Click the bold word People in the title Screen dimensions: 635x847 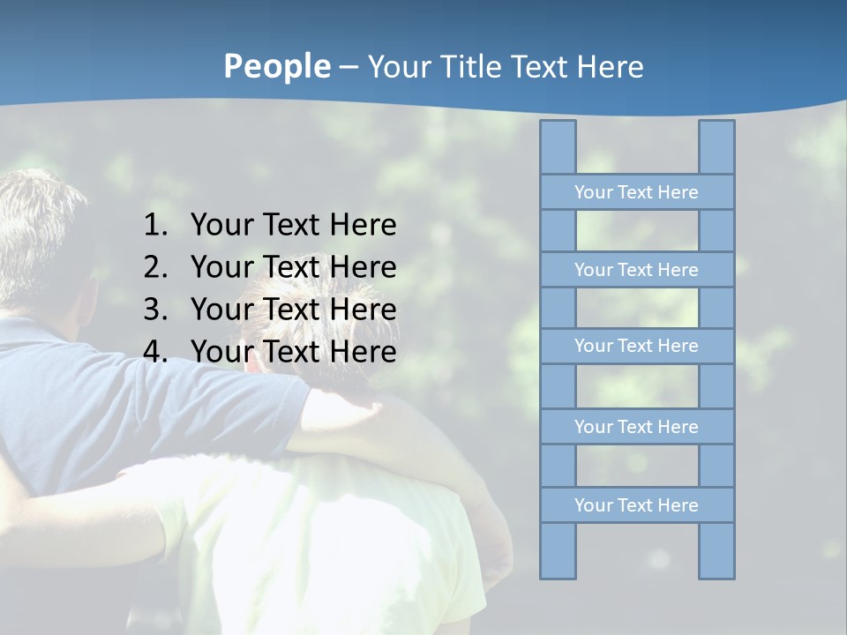[277, 67]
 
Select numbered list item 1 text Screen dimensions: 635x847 [293, 225]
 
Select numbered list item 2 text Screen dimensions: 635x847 [293, 267]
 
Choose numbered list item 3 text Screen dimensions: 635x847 [293, 310]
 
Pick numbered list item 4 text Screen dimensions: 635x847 [293, 352]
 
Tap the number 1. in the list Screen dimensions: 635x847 [155, 225]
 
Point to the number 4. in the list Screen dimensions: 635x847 [155, 352]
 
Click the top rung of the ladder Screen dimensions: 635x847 [636, 192]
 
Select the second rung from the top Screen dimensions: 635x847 [636, 270]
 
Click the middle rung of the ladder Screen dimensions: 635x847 [636, 346]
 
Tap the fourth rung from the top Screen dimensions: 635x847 [636, 427]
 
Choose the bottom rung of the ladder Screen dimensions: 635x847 [636, 505]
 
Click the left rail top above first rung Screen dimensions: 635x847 [558, 147]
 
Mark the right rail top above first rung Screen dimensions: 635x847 [716, 147]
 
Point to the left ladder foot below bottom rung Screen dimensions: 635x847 [558, 550]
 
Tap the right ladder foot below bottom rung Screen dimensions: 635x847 [716, 550]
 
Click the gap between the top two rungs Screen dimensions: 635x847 [637, 231]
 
